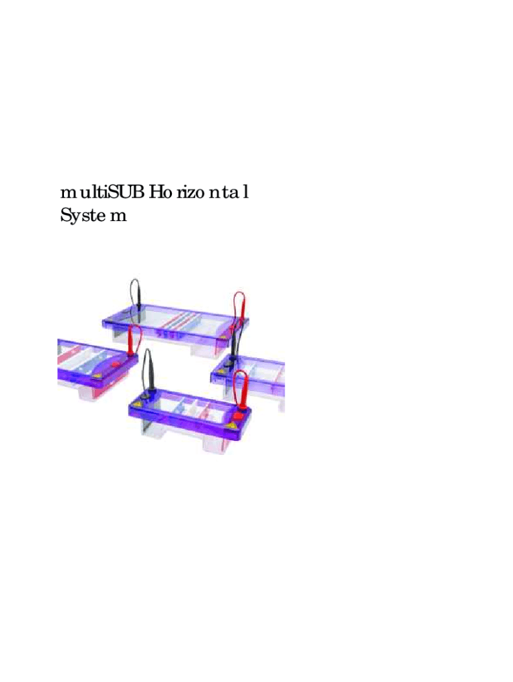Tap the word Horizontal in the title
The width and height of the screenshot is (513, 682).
click(x=199, y=192)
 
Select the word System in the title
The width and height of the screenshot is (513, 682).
click(x=93, y=216)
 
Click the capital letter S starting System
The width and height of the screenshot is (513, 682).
click(x=65, y=215)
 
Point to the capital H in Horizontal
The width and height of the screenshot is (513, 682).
click(x=155, y=192)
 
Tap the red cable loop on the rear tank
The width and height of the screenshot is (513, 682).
click(x=240, y=306)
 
